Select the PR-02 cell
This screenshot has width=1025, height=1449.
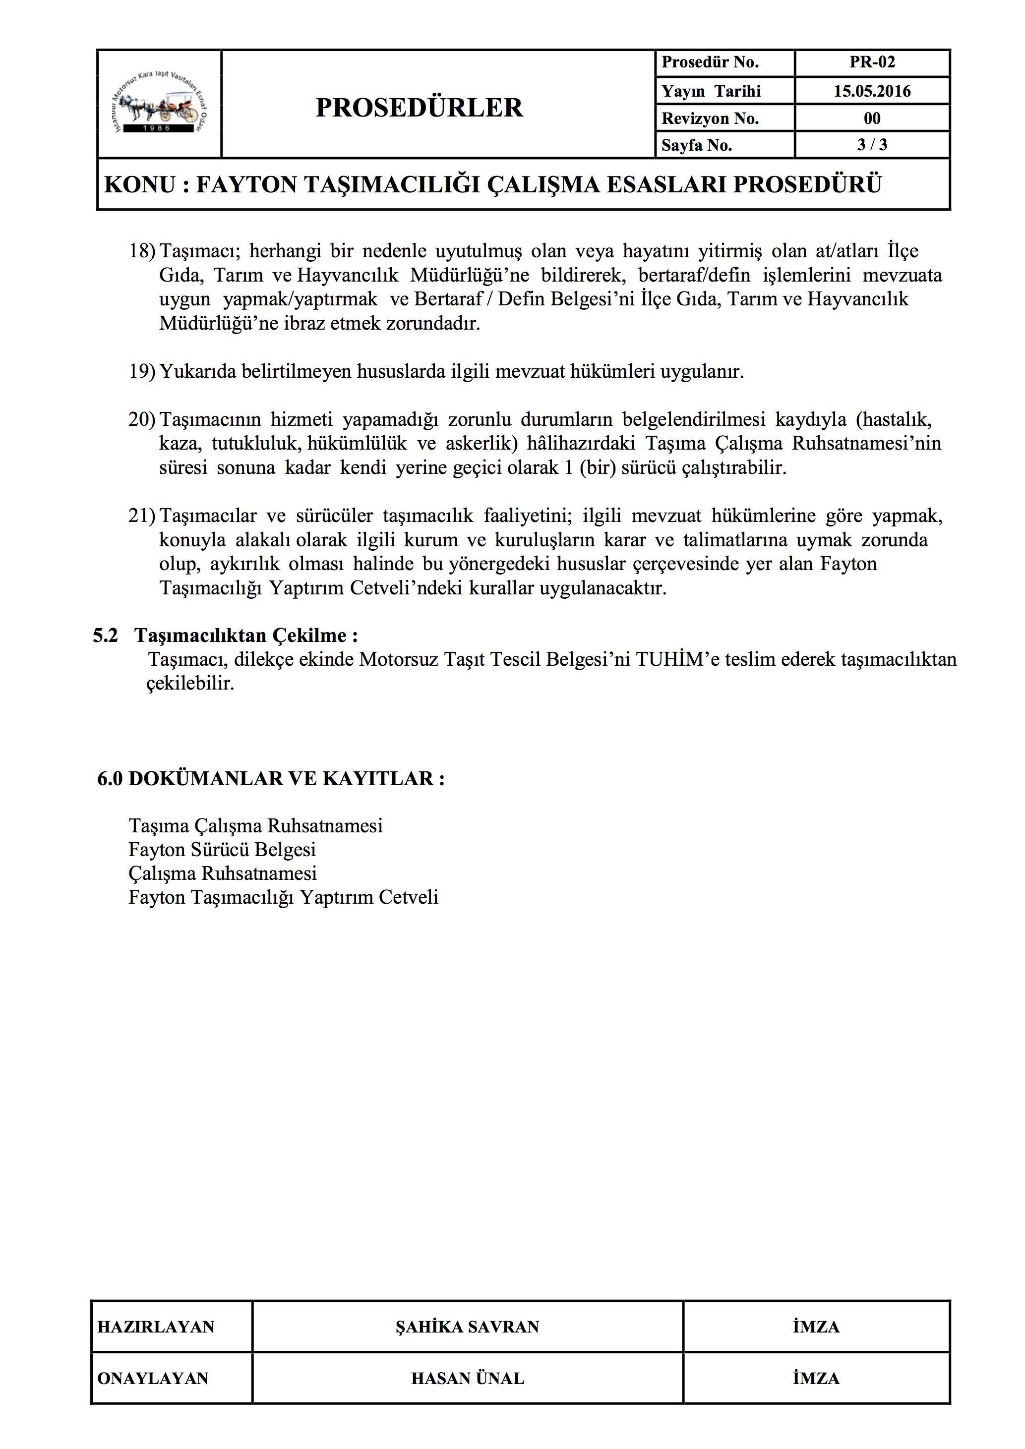point(872,62)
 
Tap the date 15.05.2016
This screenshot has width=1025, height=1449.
point(872,91)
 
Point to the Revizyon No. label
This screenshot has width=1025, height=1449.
point(710,118)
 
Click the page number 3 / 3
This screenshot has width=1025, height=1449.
point(872,145)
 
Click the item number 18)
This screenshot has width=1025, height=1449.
point(142,251)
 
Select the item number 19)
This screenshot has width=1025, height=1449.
point(142,371)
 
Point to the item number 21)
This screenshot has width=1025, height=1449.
point(142,516)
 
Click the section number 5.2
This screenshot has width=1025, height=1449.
point(106,636)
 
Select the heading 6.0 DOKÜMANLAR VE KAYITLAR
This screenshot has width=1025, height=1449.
point(271,779)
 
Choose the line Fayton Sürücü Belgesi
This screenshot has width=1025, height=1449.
point(222,850)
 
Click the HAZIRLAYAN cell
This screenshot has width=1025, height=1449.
point(156,1327)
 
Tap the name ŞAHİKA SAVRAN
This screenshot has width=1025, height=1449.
point(467,1327)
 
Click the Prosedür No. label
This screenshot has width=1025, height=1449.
point(710,62)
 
